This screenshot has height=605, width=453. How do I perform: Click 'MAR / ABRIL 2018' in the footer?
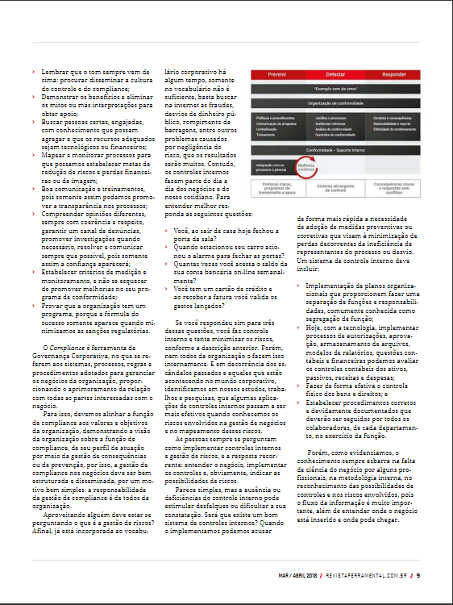[297, 575]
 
